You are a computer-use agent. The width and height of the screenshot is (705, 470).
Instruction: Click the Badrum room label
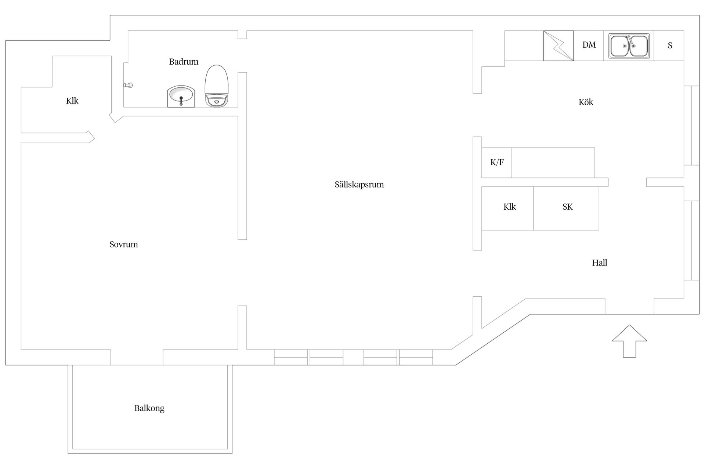[x=184, y=62]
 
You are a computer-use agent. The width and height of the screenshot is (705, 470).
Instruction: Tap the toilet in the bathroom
[x=217, y=86]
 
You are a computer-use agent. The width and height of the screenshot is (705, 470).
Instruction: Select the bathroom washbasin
[x=181, y=96]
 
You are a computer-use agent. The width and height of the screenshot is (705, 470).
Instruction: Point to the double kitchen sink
[x=629, y=46]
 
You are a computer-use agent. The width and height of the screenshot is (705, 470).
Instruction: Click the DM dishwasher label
[x=589, y=45]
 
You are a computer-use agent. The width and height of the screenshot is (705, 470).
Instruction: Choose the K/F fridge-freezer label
[x=497, y=162]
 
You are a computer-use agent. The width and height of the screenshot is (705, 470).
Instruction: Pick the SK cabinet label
[x=567, y=207]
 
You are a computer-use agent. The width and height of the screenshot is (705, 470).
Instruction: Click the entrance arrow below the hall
[x=629, y=341]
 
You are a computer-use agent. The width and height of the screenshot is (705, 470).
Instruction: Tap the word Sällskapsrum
[x=359, y=184]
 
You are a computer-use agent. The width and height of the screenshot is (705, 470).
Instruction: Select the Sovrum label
[x=124, y=244]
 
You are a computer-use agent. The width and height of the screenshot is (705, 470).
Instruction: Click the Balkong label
[x=149, y=408]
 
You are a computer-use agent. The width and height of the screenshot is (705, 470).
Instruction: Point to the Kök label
[x=586, y=102]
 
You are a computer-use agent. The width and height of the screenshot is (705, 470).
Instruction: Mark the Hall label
[x=600, y=263]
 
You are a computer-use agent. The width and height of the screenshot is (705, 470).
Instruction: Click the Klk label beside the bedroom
[x=72, y=101]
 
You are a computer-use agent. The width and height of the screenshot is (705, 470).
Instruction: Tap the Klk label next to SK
[x=510, y=207]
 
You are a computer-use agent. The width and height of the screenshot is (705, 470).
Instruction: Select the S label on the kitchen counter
[x=670, y=46]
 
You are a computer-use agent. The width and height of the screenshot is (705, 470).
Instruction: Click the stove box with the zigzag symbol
[x=558, y=46]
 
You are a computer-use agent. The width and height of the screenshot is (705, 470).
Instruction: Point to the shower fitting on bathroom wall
[x=128, y=85]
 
